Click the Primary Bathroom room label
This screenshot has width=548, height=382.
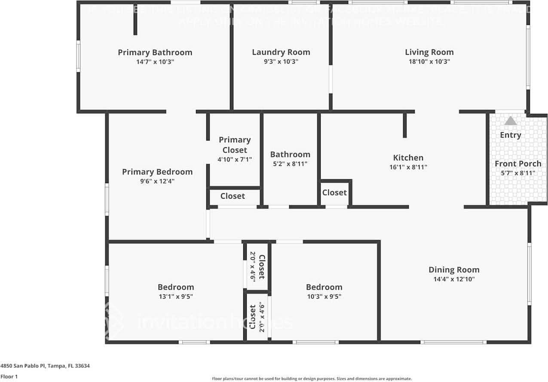tap(155, 52)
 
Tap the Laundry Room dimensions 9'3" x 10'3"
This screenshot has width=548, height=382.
tap(281, 61)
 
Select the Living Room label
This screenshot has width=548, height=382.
tap(429, 52)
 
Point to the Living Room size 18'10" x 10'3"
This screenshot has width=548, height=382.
tap(429, 61)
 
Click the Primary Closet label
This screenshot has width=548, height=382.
tap(235, 145)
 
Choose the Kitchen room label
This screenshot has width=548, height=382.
tap(408, 158)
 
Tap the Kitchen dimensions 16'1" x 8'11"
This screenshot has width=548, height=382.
tap(408, 167)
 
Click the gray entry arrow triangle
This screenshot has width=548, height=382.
tap(510, 121)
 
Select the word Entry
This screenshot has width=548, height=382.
tap(510, 135)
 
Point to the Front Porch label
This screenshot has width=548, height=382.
tap(517, 164)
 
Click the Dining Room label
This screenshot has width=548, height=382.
tap(453, 270)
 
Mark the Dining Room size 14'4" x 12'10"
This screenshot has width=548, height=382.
tap(453, 279)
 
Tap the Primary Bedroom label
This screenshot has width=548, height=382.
tap(157, 172)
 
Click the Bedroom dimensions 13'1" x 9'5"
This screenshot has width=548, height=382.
tap(175, 296)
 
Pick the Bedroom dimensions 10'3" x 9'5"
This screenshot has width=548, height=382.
tap(324, 296)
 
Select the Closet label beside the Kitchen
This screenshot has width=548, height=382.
tap(334, 193)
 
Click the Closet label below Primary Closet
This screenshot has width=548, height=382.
tap(233, 196)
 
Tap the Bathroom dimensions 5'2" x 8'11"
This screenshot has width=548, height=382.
tap(290, 164)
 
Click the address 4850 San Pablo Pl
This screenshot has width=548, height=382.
tap(45, 366)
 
